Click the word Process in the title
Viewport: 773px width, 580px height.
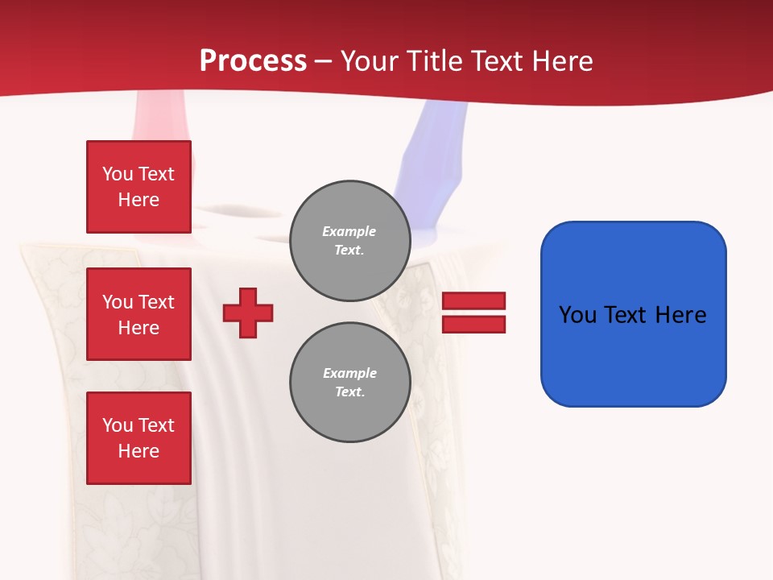click(253, 61)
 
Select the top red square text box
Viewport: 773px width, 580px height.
click(138, 187)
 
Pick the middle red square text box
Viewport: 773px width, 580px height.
click(138, 314)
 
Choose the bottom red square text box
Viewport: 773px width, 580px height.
click(138, 438)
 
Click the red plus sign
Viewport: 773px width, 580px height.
click(248, 313)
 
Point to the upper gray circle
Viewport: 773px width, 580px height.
click(350, 241)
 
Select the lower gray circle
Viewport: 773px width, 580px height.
click(350, 383)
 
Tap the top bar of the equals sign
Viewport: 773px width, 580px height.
click(473, 300)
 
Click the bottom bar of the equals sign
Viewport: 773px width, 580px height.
click(473, 325)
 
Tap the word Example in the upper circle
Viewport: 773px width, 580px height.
click(349, 231)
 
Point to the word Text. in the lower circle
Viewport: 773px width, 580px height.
click(349, 392)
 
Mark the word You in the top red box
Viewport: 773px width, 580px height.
click(117, 174)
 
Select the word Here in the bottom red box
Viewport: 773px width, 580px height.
click(138, 451)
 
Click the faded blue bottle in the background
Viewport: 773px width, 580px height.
click(439, 153)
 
